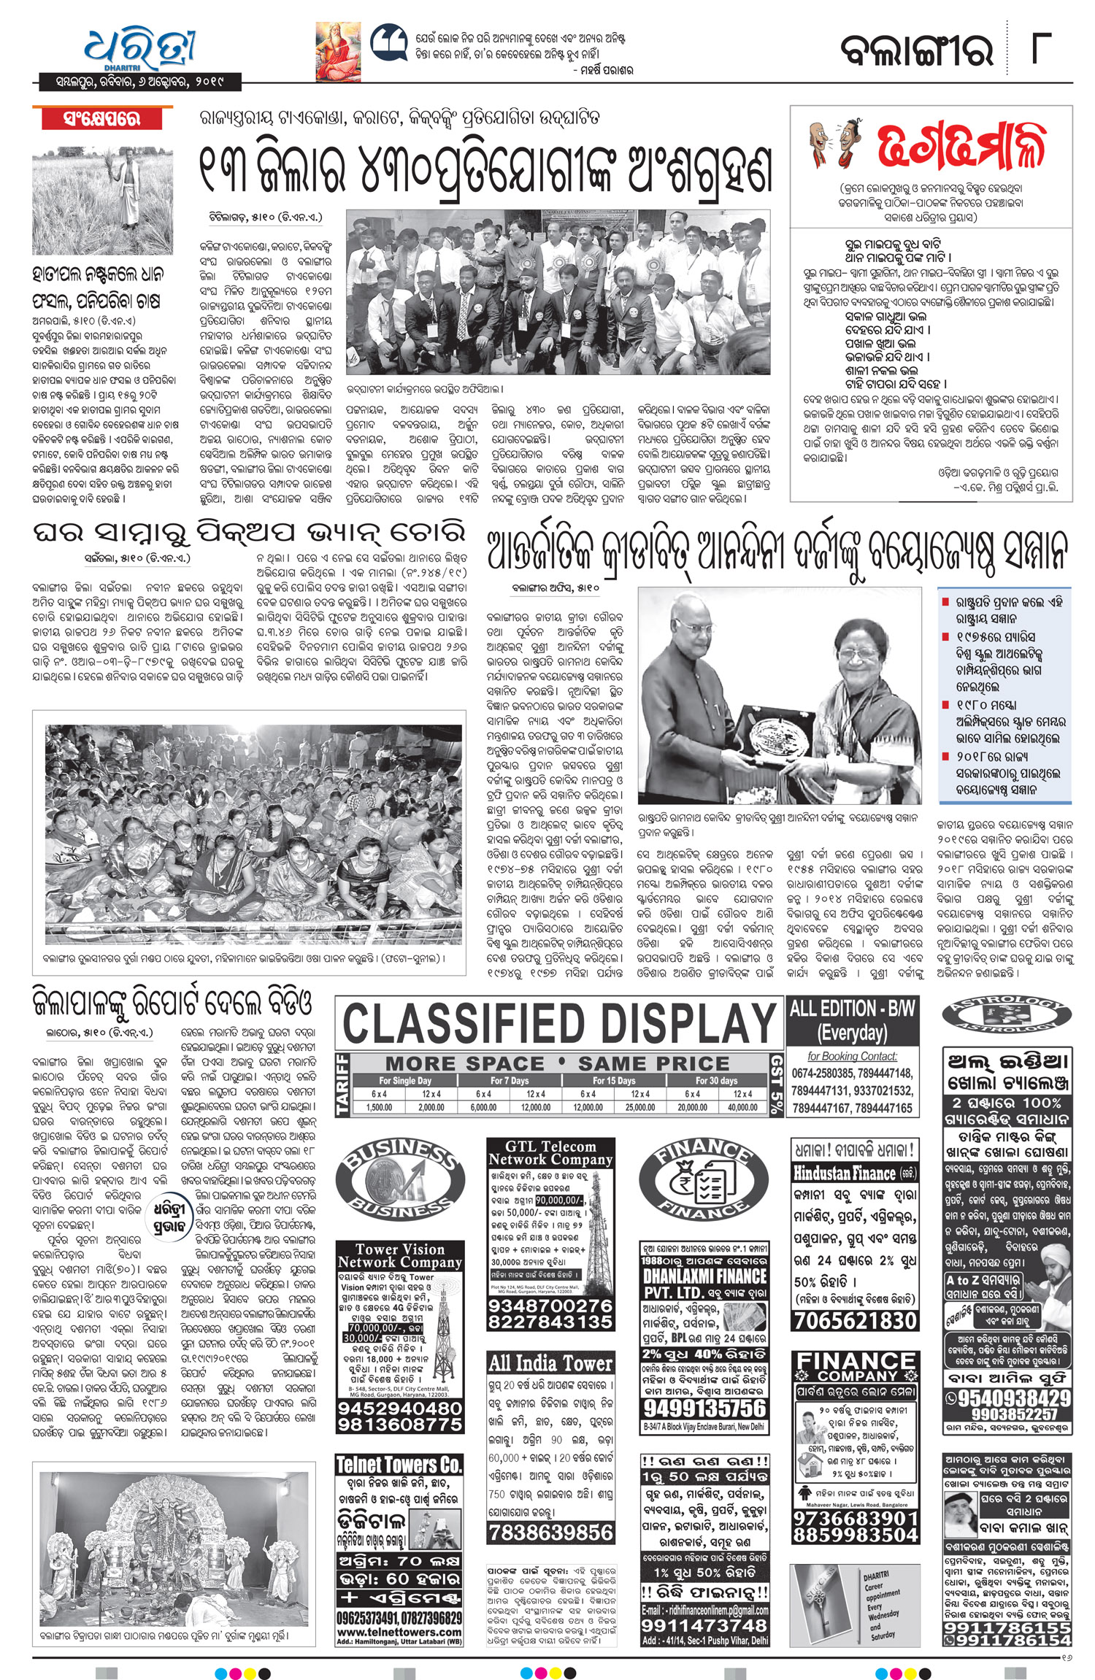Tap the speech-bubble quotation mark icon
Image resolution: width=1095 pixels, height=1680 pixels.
388,44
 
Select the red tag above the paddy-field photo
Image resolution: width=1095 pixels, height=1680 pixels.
101,118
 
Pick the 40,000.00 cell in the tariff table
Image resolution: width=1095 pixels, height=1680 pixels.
742,1106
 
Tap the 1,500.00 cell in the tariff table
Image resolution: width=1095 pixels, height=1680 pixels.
379,1106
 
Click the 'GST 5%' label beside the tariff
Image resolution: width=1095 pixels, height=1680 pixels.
777,1084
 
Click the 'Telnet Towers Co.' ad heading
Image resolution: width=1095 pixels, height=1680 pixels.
399,1463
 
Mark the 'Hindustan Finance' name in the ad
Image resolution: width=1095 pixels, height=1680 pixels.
845,1174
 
